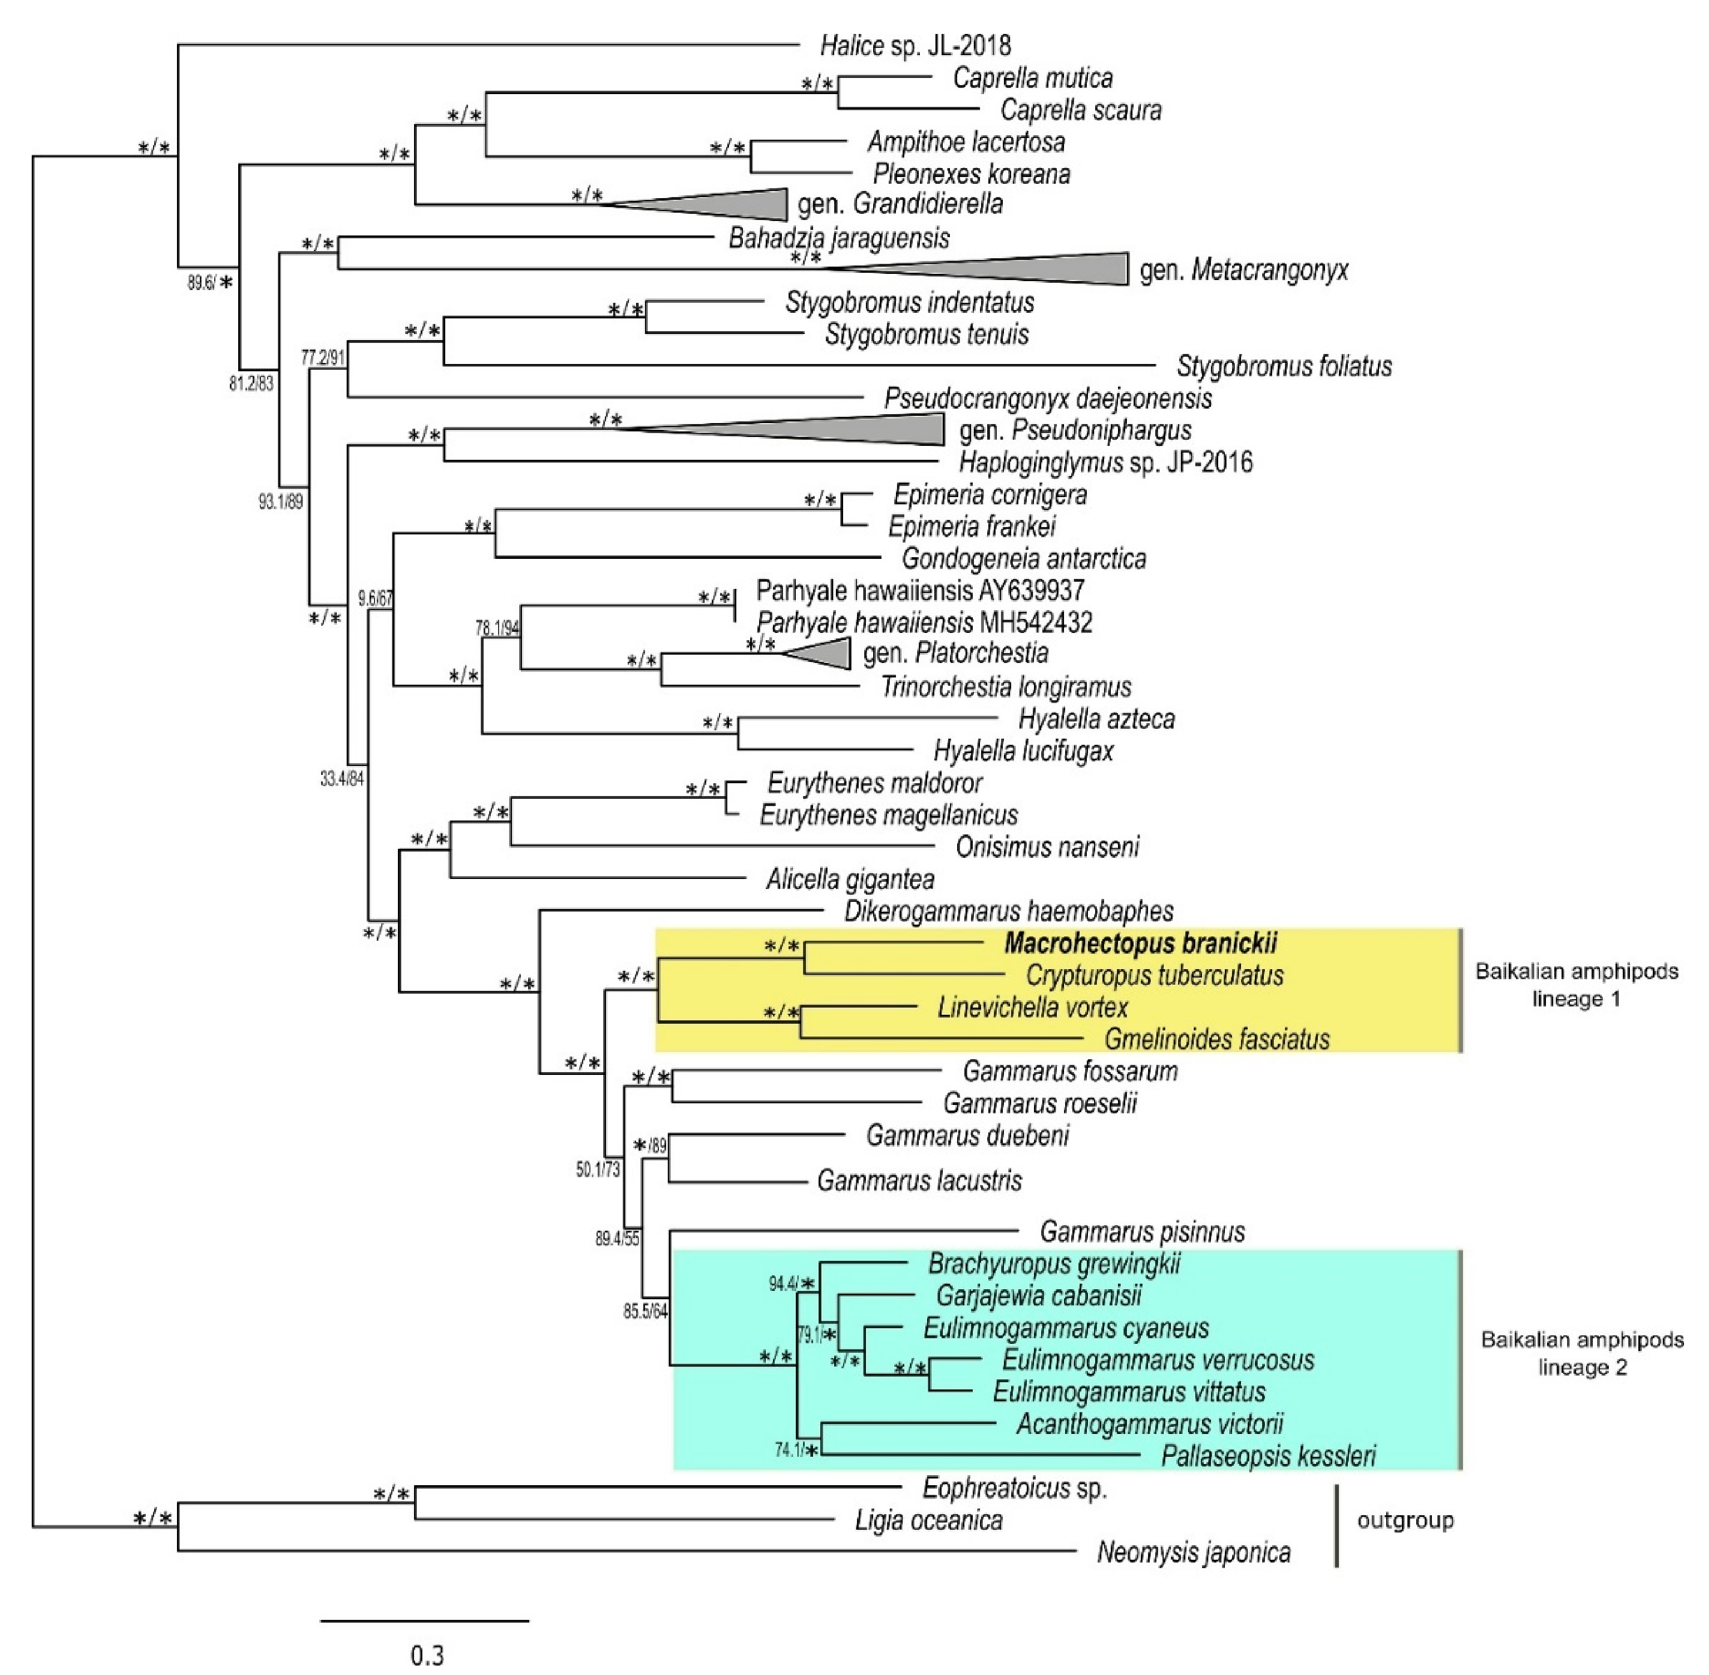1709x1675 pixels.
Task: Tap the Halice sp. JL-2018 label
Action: tap(915, 45)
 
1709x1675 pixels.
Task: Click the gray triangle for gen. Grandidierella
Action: tap(739, 204)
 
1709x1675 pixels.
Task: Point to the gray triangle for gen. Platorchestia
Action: tap(827, 654)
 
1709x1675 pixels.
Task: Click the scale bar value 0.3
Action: tap(427, 1656)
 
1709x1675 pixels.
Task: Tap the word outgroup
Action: tap(1405, 1520)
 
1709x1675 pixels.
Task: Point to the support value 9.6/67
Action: tap(375, 599)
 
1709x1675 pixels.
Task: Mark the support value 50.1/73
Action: tap(597, 1170)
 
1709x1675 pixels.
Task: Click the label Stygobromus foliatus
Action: tap(1283, 366)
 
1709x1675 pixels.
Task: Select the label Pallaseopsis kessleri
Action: tap(1268, 1456)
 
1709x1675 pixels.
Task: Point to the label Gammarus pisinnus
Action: tap(1142, 1231)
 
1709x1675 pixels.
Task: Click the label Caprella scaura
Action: tap(1080, 110)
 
